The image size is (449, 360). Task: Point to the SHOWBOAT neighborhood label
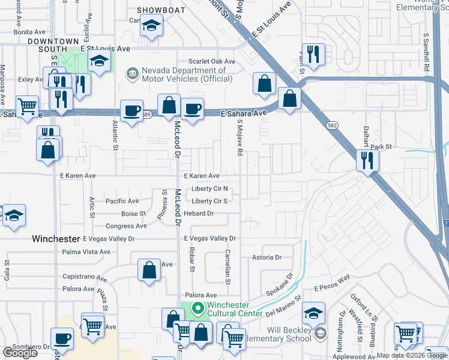pos(158,10)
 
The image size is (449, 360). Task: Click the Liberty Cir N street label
pos(209,189)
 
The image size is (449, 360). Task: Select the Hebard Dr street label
pos(199,214)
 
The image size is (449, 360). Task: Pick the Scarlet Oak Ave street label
pos(212,61)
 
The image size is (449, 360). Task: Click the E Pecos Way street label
pos(331,279)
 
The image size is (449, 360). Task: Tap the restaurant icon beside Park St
pos(366,161)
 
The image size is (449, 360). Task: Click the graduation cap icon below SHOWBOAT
pos(151,26)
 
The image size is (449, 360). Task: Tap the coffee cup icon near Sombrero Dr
pos(62,338)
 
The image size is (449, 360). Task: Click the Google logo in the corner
pos(20,353)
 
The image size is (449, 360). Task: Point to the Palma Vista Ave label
pos(86,251)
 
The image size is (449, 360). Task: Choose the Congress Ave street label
pos(126,226)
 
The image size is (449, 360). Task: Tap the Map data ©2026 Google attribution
pos(412,355)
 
